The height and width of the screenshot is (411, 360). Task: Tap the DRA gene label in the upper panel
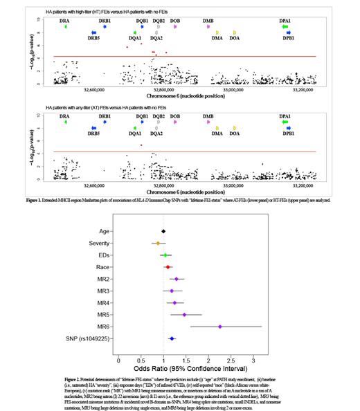[65, 21]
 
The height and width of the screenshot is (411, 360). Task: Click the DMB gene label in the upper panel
[208, 21]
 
